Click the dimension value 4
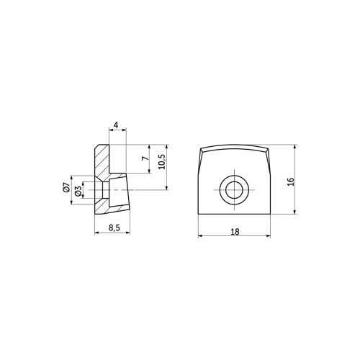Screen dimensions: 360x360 click(116, 125)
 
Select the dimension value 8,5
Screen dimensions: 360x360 click(114, 228)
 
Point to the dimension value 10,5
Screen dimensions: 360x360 click(162, 161)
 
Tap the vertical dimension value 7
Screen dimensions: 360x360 click(145, 158)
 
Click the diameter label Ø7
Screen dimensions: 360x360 click(66, 187)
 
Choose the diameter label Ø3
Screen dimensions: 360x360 click(78, 192)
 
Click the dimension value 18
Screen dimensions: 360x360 click(235, 232)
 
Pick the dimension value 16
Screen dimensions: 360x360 click(290, 181)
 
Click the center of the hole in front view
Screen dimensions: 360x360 click(234, 190)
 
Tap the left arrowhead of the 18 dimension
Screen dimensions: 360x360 click(200, 236)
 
